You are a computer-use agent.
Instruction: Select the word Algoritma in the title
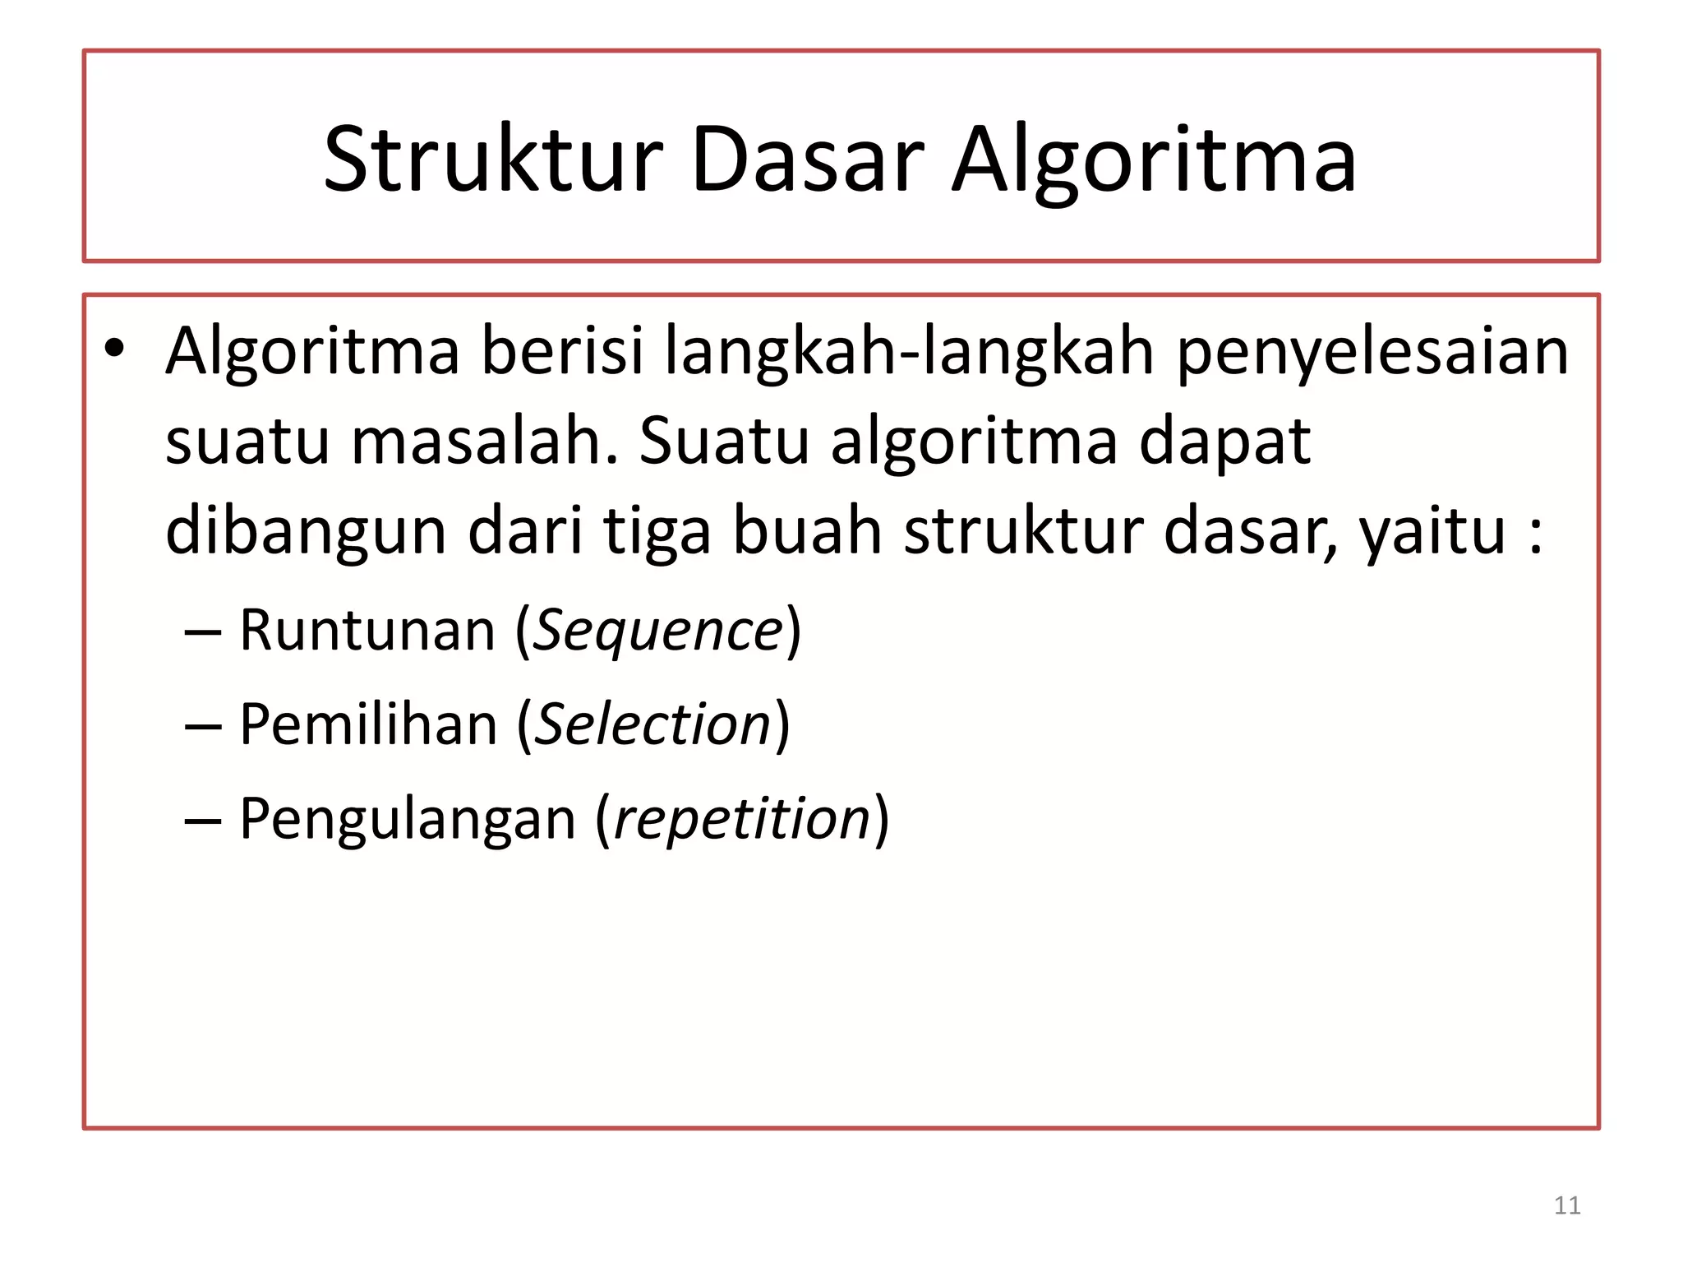[x=1154, y=161]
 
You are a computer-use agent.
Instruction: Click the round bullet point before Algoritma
[x=114, y=349]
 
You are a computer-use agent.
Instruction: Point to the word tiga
[x=657, y=533]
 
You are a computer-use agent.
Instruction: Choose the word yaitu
[x=1433, y=533]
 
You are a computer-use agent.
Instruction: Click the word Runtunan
[x=367, y=630]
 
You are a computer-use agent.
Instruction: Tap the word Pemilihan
[x=368, y=724]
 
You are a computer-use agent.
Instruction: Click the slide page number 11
[x=1567, y=1205]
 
